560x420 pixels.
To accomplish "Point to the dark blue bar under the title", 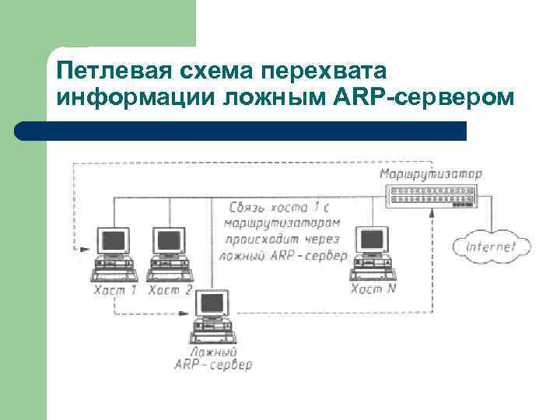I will click(x=241, y=130).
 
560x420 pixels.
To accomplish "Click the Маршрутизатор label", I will click(x=431, y=173).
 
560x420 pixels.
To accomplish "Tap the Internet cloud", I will click(x=491, y=247).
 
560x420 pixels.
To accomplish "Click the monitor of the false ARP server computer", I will click(x=211, y=305).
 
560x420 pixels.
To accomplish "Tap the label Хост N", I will click(x=373, y=289).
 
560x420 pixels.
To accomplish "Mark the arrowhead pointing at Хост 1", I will click(x=82, y=250).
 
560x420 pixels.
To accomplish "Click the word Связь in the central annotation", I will click(x=248, y=208).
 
